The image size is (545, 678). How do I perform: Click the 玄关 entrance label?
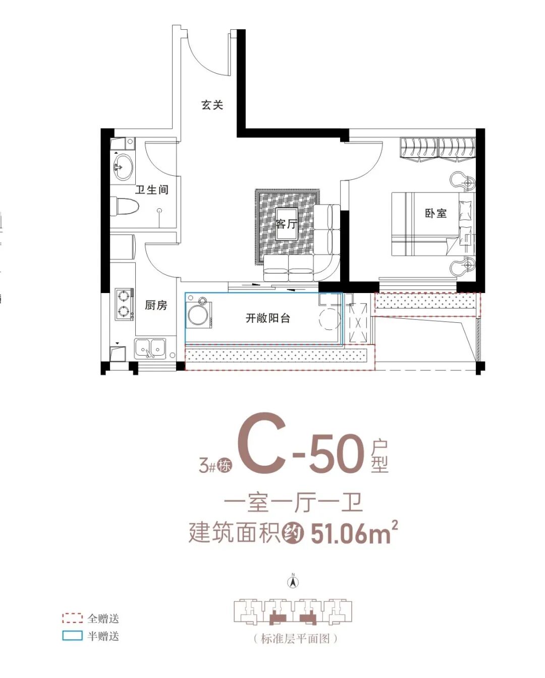pos(212,105)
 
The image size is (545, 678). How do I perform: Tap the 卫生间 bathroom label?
pos(151,190)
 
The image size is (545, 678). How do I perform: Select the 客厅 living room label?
pos(286,224)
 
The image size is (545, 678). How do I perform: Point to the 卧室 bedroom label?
pos(435,213)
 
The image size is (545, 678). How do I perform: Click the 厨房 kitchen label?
pos(155,305)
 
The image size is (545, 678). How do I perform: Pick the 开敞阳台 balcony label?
pos(267,318)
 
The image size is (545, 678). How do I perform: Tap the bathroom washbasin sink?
pos(123,167)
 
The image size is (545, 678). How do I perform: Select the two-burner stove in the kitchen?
pos(124,304)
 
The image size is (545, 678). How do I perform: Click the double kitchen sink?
pos(150,348)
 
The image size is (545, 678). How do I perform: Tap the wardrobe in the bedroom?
pos(438,148)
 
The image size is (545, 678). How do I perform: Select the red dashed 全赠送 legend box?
pos(72,618)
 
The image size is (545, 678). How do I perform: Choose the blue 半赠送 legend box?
pos(72,636)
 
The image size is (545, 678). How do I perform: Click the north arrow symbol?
pos(293,582)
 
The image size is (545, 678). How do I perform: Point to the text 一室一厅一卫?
pos(293,503)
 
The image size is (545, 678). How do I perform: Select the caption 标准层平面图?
pos(295,639)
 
